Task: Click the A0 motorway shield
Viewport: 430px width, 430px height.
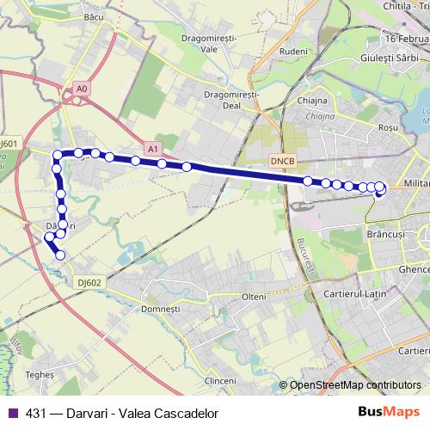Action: click(82, 89)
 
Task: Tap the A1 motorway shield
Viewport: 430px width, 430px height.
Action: click(153, 149)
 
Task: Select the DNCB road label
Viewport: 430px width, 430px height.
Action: click(282, 160)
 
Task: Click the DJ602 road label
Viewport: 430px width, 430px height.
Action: click(89, 281)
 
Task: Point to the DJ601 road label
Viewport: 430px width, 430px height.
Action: click(9, 144)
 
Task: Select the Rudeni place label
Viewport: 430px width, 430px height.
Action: click(293, 52)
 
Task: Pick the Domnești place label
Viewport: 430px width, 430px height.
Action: click(160, 308)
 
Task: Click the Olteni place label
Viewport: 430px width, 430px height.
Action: click(253, 297)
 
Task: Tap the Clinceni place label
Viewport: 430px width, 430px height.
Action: click(221, 379)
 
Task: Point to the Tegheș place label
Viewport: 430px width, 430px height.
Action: click(40, 375)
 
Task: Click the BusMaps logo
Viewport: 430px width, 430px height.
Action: click(383, 413)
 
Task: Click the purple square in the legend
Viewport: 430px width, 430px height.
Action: click(11, 414)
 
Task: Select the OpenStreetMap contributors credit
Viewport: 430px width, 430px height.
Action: click(354, 385)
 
